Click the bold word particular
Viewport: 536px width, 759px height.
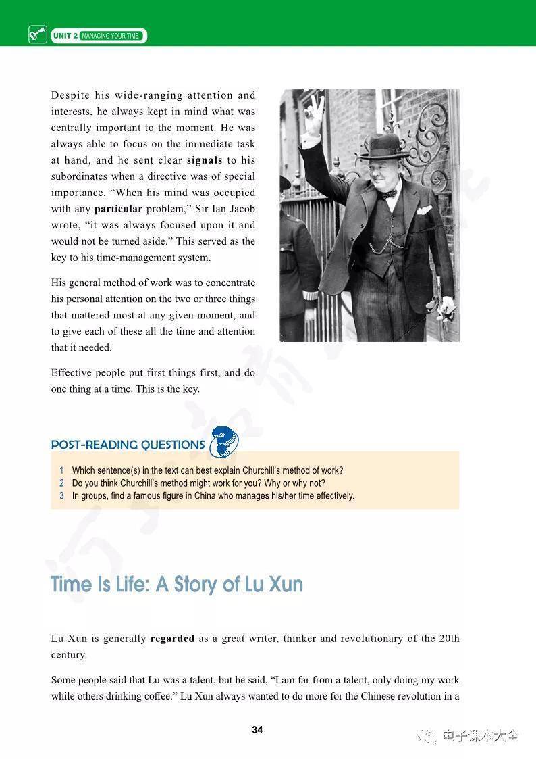(118, 209)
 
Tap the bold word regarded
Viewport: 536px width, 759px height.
(172, 639)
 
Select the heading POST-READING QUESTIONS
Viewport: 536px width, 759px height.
(128, 445)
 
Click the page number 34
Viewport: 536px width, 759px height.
(257, 730)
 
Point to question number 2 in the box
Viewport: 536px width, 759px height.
(61, 483)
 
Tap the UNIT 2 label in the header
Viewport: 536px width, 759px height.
(64, 36)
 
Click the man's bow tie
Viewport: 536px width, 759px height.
(387, 194)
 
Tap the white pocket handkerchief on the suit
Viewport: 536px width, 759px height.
(424, 210)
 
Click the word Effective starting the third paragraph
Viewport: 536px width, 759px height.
(71, 373)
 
